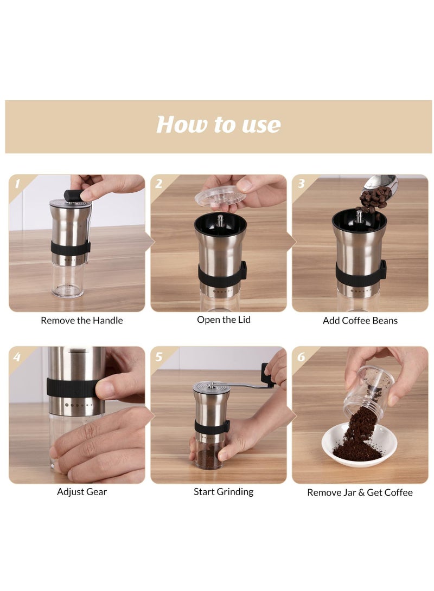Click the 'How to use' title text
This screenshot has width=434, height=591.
click(219, 125)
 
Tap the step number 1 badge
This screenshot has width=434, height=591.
click(17, 184)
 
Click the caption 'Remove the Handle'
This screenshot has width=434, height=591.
click(82, 320)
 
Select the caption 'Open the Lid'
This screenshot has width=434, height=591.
click(224, 320)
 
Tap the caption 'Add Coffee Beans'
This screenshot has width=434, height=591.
click(360, 320)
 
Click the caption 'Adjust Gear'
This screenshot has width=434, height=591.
click(82, 492)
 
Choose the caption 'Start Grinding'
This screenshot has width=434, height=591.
click(224, 492)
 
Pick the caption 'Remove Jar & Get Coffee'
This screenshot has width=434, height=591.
click(360, 492)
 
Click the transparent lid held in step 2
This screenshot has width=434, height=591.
click(220, 195)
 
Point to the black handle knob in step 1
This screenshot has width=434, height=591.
click(73, 195)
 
